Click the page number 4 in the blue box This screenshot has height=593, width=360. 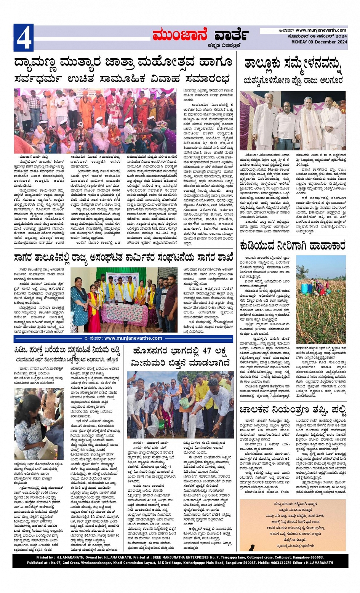pos(24,38)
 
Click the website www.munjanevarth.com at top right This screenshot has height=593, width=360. pos(321,30)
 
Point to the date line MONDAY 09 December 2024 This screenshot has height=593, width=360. pos(319,42)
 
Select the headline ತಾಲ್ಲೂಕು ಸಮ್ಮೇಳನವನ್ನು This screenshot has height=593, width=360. pos(293,64)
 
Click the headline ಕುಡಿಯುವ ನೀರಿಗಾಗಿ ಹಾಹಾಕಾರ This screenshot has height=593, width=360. pos(293,245)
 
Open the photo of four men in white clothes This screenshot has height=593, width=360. pos(293,120)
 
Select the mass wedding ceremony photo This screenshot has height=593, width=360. pos(95,121)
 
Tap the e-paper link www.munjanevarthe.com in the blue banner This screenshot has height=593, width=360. pos(133,338)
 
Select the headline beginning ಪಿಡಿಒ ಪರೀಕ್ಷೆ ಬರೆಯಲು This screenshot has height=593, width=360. pos(67,350)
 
